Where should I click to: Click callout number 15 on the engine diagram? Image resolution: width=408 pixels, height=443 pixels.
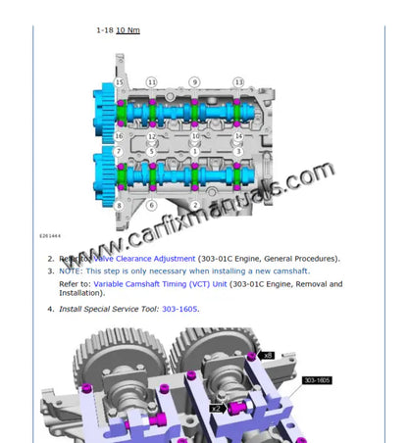120,82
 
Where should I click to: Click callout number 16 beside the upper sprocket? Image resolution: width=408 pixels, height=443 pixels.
119,136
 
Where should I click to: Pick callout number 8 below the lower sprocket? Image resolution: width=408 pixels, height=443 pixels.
119,205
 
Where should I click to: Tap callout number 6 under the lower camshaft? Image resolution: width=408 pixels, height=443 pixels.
151,205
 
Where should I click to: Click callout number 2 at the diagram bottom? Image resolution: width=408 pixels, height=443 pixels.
194,205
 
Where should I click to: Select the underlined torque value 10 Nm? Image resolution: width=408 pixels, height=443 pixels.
127,30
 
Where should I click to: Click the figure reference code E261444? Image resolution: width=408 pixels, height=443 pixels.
49,236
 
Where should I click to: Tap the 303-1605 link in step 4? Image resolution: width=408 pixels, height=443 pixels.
179,309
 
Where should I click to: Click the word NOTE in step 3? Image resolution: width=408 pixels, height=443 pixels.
71,271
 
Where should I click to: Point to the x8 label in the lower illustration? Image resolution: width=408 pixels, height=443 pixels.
267,342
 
